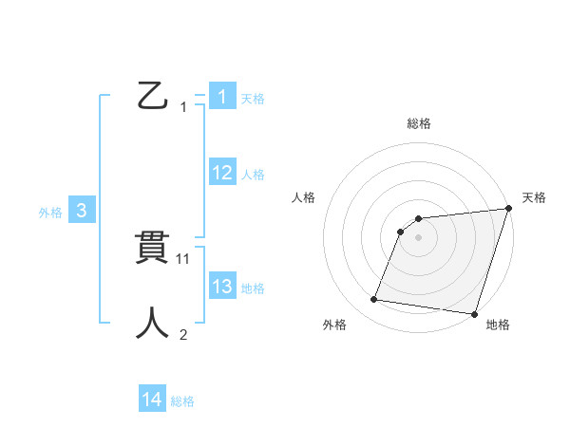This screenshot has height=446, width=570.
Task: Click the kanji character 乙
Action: [153, 97]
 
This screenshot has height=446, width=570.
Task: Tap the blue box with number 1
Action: [221, 97]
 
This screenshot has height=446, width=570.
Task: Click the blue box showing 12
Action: [221, 173]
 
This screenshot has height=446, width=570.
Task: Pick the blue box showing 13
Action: [221, 287]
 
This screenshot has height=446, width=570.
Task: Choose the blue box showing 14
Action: [152, 400]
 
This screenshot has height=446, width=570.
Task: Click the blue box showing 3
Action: [82, 212]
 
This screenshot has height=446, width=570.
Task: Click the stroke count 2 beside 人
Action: [183, 334]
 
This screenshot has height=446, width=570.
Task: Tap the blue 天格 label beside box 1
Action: [253, 98]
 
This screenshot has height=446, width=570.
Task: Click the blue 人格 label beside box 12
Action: [253, 174]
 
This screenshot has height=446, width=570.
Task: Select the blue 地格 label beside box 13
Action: [253, 288]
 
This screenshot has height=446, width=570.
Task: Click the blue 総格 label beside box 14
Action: [182, 401]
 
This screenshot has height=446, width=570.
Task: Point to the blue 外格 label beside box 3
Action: [50, 213]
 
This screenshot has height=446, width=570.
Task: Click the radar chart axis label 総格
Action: [419, 123]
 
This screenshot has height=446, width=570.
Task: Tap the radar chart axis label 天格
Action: [534, 197]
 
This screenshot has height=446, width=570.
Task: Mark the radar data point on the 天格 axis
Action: [508, 209]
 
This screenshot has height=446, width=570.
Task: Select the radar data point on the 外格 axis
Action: [374, 300]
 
